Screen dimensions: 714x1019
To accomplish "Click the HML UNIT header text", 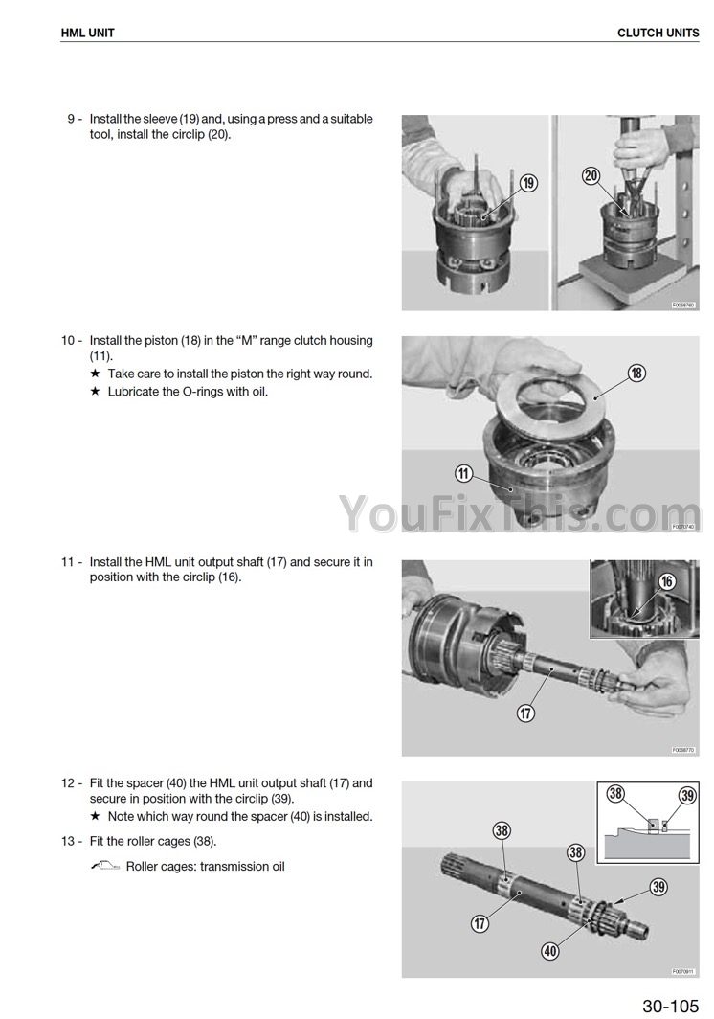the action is [x=87, y=33].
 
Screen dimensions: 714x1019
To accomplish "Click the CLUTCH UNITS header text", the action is [x=658, y=33].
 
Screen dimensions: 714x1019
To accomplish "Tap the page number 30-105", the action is [x=671, y=1006].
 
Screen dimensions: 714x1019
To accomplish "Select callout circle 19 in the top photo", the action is [x=529, y=183].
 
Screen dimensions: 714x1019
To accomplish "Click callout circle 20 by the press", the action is [x=591, y=175].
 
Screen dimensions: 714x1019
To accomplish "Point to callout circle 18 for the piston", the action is [x=636, y=373].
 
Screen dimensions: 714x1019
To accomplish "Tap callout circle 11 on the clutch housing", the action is [x=464, y=473].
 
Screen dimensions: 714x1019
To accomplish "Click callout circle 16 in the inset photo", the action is [x=667, y=581].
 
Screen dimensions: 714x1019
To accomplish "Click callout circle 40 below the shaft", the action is [x=550, y=951].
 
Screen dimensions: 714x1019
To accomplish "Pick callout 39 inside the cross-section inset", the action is [x=687, y=796].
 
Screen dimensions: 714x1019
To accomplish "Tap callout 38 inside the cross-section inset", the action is [x=615, y=793].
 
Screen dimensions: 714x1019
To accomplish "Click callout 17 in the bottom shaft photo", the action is [x=480, y=923].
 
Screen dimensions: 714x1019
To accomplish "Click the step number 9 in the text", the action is [x=71, y=119].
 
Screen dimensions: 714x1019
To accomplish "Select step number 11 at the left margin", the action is [x=68, y=561].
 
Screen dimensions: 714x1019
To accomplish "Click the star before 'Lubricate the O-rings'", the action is [x=95, y=391].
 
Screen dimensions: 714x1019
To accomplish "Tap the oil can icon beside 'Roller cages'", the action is [x=105, y=866].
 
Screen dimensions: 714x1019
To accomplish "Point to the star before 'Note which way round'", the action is [x=95, y=816].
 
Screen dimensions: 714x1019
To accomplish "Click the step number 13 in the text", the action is [x=68, y=841].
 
